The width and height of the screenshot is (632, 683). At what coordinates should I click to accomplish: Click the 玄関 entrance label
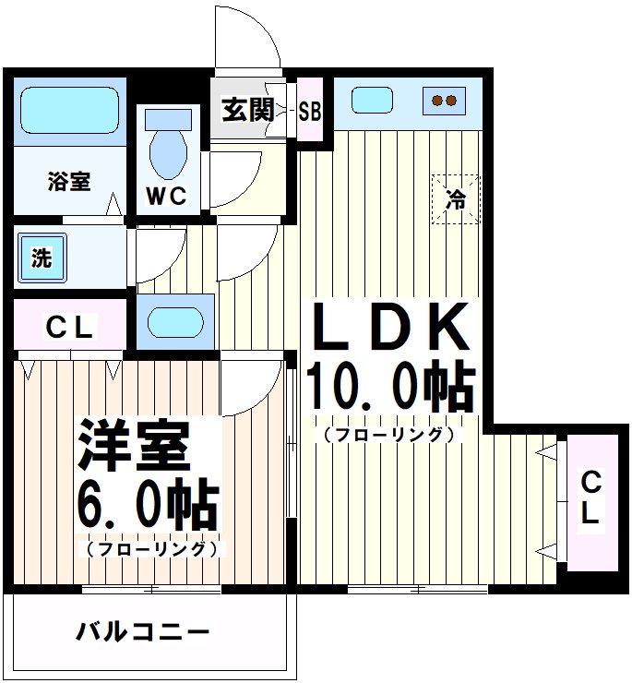[x=248, y=111]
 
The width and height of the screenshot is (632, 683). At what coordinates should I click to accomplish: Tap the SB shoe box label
[x=310, y=112]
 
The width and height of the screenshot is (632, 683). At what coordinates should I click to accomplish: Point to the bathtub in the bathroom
[x=69, y=113]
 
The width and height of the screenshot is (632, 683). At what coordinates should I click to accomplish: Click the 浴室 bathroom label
[x=69, y=181]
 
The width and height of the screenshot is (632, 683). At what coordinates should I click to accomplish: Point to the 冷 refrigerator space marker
[x=456, y=198]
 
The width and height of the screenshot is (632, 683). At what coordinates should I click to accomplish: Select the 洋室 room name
[x=134, y=446]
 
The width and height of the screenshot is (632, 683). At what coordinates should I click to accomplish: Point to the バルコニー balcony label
[x=143, y=633]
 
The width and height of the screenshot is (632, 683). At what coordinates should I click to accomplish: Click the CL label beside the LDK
[x=590, y=497]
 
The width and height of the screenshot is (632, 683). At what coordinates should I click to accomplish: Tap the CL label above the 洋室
[x=69, y=327]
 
